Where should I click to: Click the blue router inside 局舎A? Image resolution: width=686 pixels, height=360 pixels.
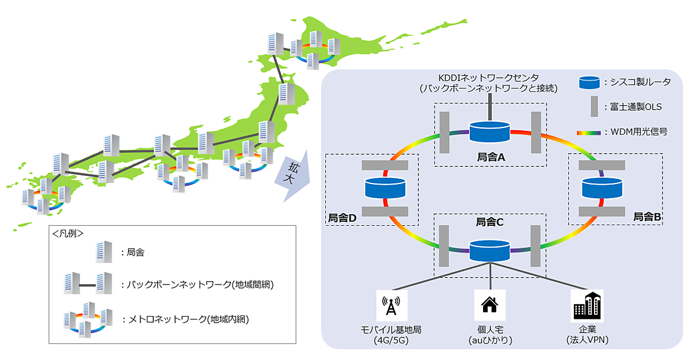coord(489,131)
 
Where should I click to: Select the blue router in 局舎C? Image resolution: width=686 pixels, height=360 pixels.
coord(489,250)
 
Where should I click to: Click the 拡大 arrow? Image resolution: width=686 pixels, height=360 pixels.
coord(292,174)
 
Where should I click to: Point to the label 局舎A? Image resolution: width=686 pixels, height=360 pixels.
coord(489,156)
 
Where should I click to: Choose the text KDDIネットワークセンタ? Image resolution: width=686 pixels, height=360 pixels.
coord(489,77)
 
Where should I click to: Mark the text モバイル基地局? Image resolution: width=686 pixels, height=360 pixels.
coord(391,330)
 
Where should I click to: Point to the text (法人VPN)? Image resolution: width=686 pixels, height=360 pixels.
coord(587,340)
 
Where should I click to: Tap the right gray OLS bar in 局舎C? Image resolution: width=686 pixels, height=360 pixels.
coord(535,246)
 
